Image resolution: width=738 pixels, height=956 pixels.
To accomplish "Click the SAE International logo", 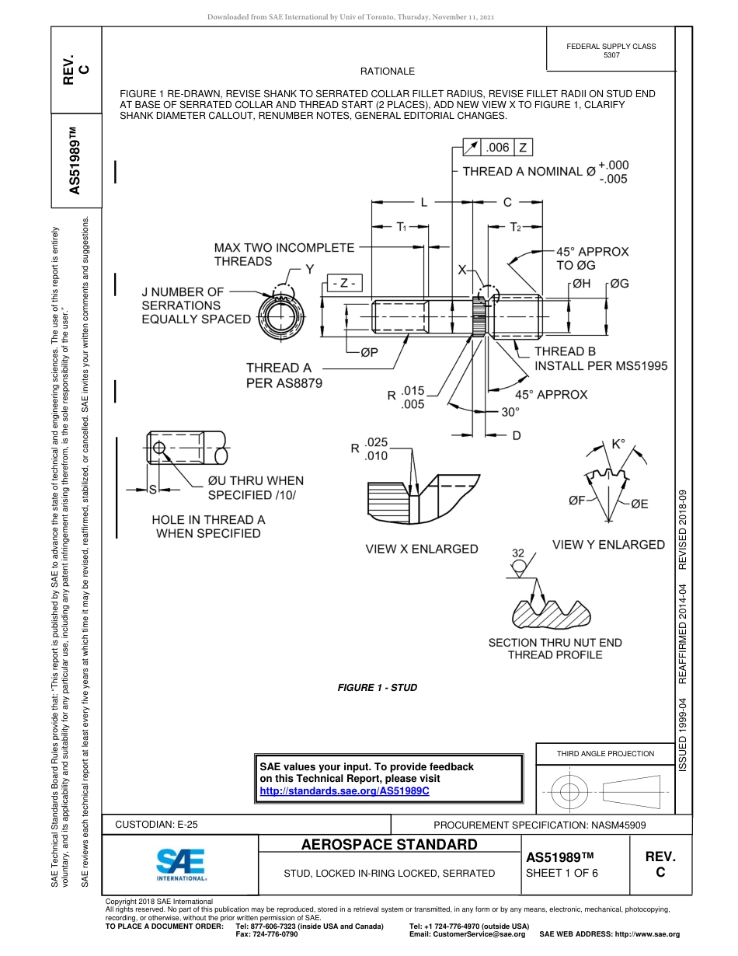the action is click(180, 864).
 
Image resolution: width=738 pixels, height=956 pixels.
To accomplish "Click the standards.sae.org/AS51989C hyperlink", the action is click(344, 790).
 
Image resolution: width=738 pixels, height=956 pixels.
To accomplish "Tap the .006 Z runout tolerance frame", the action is click(498, 147).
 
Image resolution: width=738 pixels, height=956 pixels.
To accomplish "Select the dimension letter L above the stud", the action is click(423, 202).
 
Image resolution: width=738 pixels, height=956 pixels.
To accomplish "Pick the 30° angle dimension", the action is click(510, 413).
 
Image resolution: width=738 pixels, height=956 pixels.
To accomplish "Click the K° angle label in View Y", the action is click(618, 445).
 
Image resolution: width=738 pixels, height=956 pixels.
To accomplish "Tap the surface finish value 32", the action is click(518, 553).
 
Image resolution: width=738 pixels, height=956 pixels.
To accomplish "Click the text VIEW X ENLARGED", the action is click(422, 549).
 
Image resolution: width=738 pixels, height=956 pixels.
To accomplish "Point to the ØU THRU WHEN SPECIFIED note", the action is click(255, 487).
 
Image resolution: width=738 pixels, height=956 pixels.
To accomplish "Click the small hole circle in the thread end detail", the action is click(159, 448).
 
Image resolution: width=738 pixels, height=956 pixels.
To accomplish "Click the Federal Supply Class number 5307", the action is click(611, 55).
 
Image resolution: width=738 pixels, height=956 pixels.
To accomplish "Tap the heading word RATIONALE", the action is click(388, 72).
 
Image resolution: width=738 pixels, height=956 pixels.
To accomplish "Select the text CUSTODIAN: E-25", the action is click(157, 825).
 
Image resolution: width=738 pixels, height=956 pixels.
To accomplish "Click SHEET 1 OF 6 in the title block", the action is click(562, 873).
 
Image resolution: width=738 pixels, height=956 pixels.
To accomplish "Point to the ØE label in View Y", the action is click(639, 504).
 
